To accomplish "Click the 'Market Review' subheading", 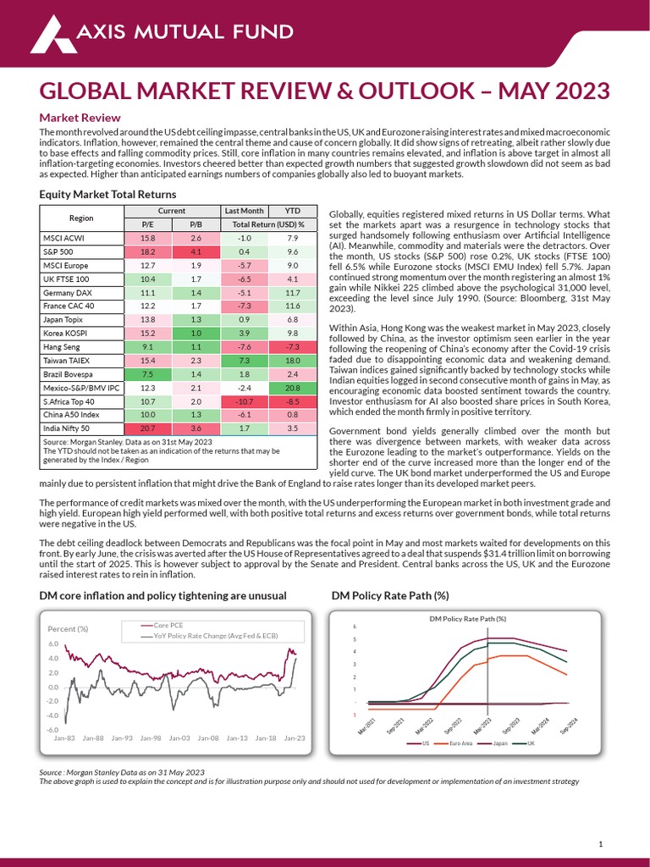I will coord(80,118).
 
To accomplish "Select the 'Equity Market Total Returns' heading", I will coord(107,195).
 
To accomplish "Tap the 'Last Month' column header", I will coord(244,211).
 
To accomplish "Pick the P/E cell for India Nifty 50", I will coord(148,429).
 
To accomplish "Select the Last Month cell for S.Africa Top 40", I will coord(244,401).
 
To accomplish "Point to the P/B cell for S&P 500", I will coord(196,251).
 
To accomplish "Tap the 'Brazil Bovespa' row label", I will coord(69,373).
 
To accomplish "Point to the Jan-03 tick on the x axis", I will coord(179,738).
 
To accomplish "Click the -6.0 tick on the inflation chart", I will coord(52,729).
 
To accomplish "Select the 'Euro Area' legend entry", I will coord(460,744).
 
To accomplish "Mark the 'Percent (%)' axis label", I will coord(68,628).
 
